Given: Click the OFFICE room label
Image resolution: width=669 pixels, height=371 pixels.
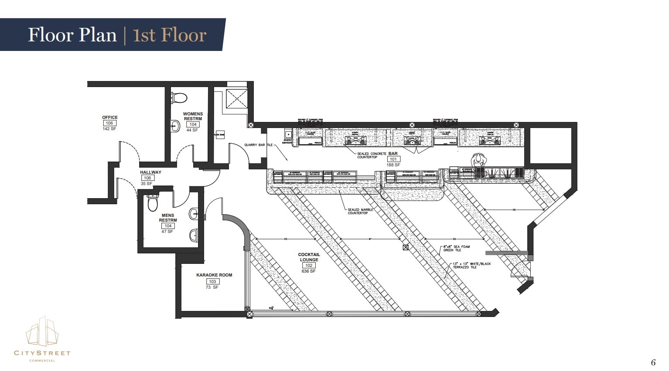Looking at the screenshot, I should (109, 117).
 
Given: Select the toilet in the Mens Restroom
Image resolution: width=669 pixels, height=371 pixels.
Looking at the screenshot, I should (153, 203).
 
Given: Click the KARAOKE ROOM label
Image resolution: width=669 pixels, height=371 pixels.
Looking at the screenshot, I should (214, 275).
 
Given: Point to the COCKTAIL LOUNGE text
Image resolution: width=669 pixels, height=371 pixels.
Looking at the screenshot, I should (309, 257).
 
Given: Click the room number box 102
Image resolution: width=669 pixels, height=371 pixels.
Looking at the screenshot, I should (309, 265).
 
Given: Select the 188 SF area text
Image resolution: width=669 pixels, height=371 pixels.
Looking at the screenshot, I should (393, 165).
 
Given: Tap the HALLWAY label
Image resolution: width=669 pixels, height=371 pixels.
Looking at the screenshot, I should (150, 172).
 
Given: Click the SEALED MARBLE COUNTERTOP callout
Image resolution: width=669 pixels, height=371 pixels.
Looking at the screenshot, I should (360, 211).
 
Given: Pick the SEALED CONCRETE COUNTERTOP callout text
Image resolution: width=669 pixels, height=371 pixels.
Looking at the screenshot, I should (372, 155).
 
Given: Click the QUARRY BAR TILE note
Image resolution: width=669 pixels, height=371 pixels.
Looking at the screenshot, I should (258, 145).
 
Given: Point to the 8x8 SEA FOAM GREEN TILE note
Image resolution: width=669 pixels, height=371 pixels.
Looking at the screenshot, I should (457, 248).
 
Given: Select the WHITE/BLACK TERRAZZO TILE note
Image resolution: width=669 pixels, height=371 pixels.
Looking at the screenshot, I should (471, 265).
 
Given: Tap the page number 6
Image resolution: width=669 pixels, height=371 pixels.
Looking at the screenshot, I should (653, 362).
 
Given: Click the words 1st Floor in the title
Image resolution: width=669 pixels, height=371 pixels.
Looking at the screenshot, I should (169, 35).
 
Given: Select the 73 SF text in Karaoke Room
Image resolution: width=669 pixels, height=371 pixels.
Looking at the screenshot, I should (212, 287).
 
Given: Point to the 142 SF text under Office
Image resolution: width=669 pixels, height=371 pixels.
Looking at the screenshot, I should (109, 129).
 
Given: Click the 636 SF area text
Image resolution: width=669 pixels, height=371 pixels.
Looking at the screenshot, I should (308, 271).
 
